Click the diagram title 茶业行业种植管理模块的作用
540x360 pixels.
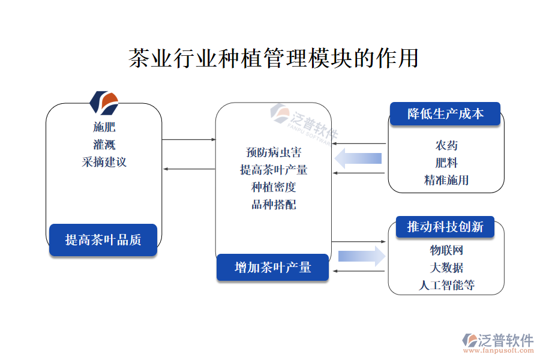click(273, 59)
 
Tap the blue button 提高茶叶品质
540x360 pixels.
click(103, 240)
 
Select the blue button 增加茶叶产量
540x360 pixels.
click(273, 267)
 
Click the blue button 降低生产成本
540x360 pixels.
click(445, 114)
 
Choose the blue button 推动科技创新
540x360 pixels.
click(445, 227)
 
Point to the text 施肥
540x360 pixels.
click(104, 127)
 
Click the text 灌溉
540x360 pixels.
click(104, 145)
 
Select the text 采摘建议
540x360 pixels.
click(104, 162)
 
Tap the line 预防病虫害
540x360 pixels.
click(274, 152)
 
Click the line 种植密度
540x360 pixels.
click(274, 187)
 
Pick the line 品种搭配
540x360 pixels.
click(274, 205)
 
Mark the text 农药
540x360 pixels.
click(446, 145)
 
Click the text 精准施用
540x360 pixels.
click(446, 180)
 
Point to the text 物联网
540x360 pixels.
click(446, 250)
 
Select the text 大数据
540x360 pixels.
click(446, 268)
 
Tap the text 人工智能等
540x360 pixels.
click(446, 285)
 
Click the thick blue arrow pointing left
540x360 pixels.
click(359, 158)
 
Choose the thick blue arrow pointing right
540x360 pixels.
click(361, 256)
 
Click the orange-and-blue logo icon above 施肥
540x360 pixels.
click(104, 103)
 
